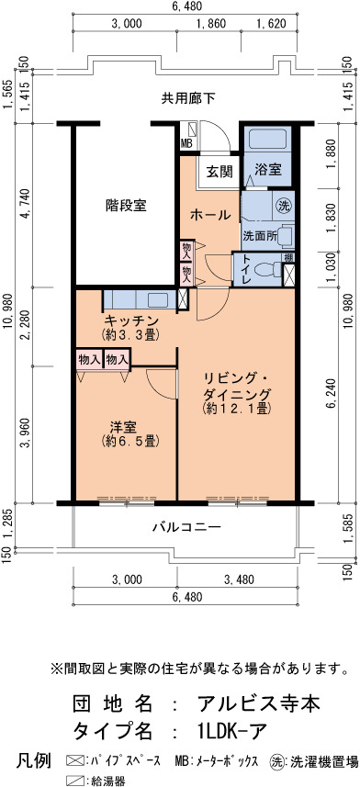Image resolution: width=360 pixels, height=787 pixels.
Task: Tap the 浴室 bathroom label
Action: pyautogui.click(x=267, y=170)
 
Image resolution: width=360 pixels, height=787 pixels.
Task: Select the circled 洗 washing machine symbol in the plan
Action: pyautogui.click(x=284, y=206)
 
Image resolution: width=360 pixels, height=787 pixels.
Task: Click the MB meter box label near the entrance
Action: pyautogui.click(x=186, y=143)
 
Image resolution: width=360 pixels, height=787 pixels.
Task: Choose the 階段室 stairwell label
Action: pyautogui.click(x=126, y=205)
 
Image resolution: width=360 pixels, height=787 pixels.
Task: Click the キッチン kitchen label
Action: pyautogui.click(x=131, y=321)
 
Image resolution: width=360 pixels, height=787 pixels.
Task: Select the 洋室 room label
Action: pyautogui.click(x=123, y=428)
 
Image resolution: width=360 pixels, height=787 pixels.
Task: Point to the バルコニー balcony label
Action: pyautogui.click(x=186, y=527)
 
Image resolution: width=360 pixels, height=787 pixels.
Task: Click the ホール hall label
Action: pyautogui.click(x=210, y=215)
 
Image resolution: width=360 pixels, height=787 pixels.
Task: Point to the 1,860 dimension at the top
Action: pyautogui.click(x=210, y=23)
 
